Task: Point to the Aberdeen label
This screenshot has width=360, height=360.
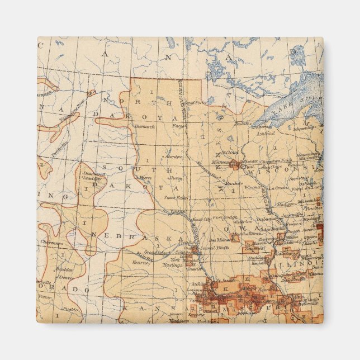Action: tap(175, 157)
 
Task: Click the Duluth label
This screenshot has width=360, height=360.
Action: tap(242, 124)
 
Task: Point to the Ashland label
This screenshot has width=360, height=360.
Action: tap(266, 134)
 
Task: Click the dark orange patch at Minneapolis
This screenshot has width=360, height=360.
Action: tap(234, 165)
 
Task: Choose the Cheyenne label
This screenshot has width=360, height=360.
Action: tap(52, 242)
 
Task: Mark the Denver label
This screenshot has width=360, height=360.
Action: tap(65, 277)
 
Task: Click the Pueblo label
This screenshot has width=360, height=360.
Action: tap(70, 309)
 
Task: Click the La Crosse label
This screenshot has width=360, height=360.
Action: tap(277, 188)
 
